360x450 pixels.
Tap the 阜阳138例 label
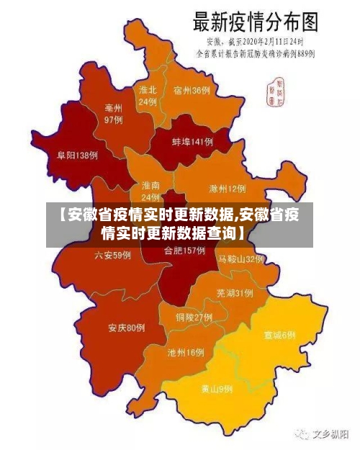(x=77, y=155)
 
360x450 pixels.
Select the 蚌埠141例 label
(x=192, y=142)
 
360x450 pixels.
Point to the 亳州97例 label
(x=113, y=114)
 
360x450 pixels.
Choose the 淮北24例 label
(x=148, y=96)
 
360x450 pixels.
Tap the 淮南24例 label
(x=150, y=191)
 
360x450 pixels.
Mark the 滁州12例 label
(x=227, y=189)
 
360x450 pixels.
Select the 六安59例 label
(x=112, y=255)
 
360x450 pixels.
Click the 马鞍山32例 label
(x=241, y=258)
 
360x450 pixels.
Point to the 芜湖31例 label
(x=234, y=293)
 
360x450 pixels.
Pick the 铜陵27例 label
(x=194, y=317)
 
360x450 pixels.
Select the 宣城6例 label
(x=279, y=335)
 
